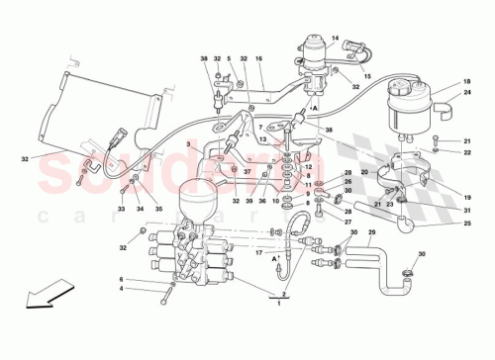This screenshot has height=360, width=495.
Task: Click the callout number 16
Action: [x=258, y=58]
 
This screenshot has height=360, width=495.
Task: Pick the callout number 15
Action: [x=366, y=77]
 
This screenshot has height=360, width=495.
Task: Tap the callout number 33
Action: [x=122, y=209]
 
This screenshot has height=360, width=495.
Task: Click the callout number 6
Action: [x=122, y=280]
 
